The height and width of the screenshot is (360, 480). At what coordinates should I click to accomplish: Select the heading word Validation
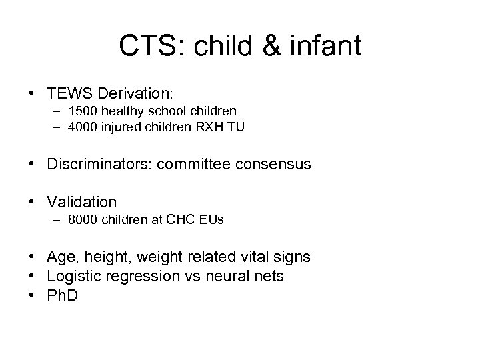point(82,201)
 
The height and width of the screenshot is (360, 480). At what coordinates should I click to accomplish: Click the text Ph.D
point(62,295)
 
